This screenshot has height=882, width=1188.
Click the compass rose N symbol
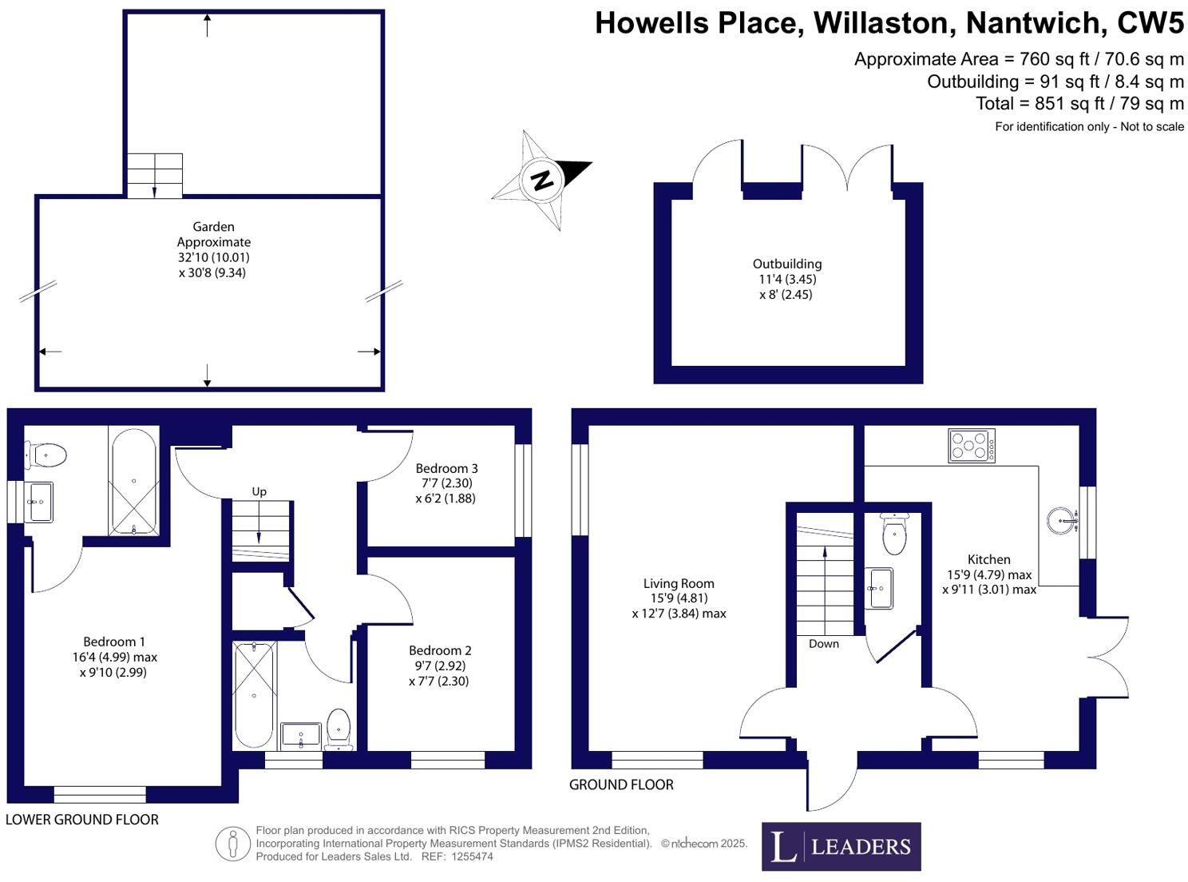coord(542,180)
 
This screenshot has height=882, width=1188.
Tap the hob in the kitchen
coord(972,446)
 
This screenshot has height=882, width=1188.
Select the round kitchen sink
coord(1063,522)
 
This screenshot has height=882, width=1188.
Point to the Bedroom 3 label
coord(446,468)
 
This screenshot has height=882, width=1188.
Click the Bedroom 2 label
coord(440,650)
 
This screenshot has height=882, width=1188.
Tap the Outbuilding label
coord(787,264)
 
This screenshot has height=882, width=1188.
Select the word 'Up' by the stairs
coord(259,491)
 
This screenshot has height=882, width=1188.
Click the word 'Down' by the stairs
coord(823,644)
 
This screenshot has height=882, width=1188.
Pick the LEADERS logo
coord(841,846)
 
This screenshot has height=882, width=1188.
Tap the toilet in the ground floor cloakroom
coord(894,534)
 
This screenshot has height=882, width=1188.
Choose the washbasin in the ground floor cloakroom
coord(880,588)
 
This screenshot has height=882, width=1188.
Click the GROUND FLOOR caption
coord(621,785)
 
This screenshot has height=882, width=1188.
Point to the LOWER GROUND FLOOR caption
coord(82,820)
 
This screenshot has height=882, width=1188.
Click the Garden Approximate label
coord(213,234)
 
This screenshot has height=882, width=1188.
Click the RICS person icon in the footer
coord(233,844)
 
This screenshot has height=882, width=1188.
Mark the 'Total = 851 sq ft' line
coord(1079,104)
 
